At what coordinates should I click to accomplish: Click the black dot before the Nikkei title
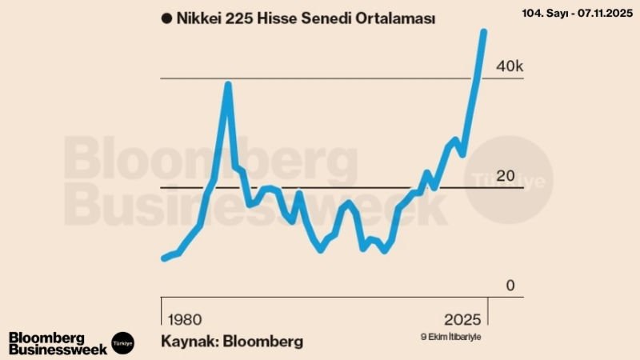(166, 19)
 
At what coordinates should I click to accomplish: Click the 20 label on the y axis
(506, 176)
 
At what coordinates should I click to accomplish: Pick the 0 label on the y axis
(510, 286)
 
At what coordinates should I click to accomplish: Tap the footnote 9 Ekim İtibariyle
(451, 336)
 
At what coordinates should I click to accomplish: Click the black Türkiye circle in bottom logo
(123, 342)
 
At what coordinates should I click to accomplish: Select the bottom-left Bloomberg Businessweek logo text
(58, 342)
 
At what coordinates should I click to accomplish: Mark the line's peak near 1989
(228, 84)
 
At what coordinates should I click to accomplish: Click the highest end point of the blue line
(483, 31)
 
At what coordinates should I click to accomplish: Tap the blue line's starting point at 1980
(164, 258)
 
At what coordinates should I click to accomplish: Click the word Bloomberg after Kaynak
(263, 341)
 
